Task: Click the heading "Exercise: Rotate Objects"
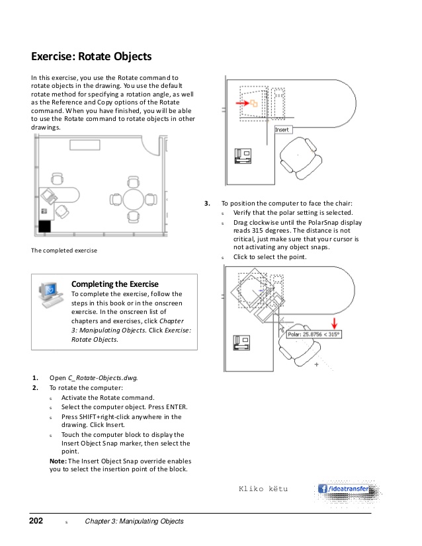(92, 57)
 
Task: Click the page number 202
(37, 522)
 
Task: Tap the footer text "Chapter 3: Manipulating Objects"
(134, 522)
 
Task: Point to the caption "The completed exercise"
(64, 251)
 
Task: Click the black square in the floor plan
(44, 227)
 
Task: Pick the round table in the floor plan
(132, 199)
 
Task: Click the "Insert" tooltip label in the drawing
(282, 130)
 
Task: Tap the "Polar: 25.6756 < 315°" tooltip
(314, 335)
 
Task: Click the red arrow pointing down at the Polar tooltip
(335, 323)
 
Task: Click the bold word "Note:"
(58, 461)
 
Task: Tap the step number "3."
(208, 204)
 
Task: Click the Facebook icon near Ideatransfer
(323, 489)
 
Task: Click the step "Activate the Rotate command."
(107, 397)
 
